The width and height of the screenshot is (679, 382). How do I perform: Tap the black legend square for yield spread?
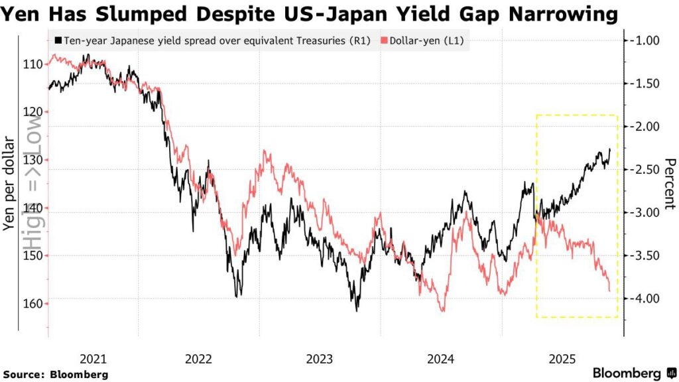point(59,41)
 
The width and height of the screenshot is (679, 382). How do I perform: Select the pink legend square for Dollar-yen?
point(384,41)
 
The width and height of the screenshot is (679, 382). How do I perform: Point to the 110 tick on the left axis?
point(35,64)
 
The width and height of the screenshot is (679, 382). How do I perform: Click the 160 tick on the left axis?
point(35,304)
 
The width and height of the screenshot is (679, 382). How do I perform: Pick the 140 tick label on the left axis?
point(35,208)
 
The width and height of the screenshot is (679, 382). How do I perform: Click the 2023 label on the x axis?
point(320,359)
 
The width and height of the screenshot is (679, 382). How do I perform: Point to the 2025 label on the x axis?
point(561,359)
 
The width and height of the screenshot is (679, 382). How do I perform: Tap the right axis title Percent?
point(668,184)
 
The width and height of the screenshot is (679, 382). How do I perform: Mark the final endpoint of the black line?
point(610,150)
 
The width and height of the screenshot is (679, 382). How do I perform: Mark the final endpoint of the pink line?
point(610,290)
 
